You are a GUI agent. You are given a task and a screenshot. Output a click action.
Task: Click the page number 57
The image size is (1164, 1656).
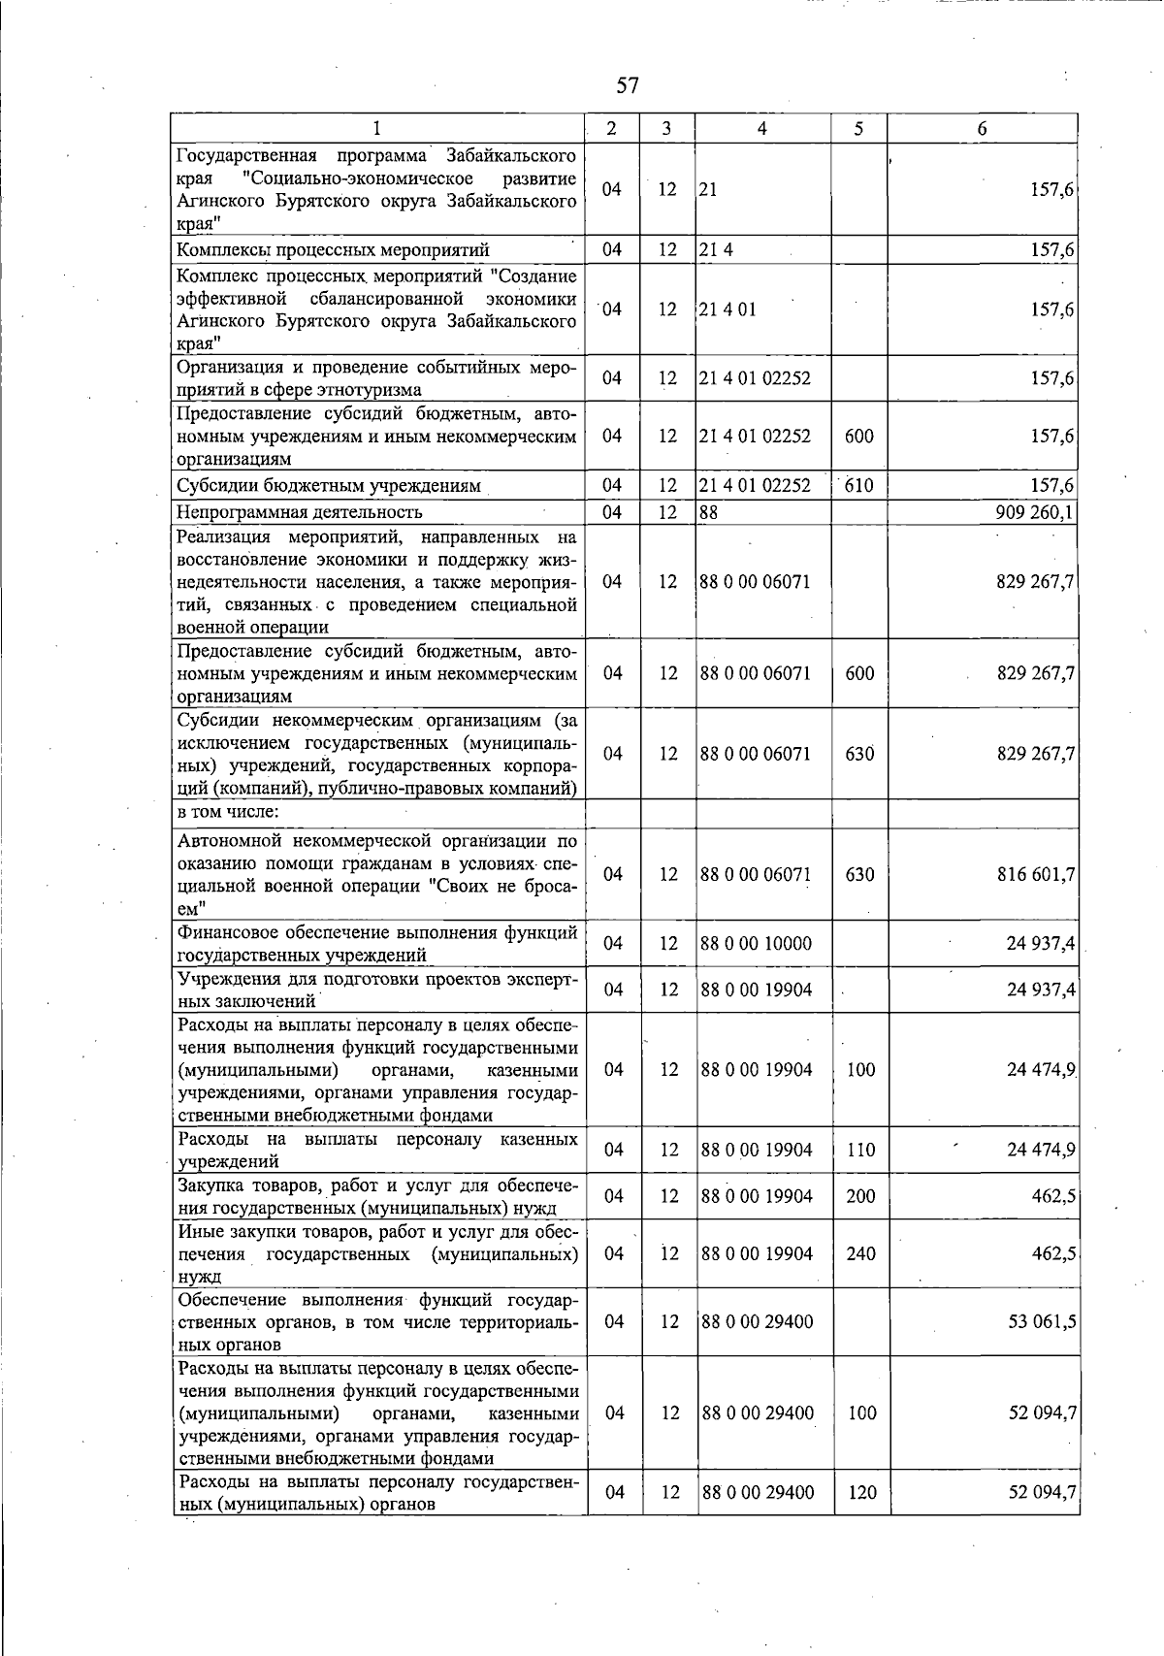pyautogui.click(x=628, y=85)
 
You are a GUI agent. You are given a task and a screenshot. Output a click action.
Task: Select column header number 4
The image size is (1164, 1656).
pyautogui.click(x=762, y=128)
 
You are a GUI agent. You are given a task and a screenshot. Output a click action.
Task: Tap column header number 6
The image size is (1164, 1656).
pyautogui.click(x=982, y=128)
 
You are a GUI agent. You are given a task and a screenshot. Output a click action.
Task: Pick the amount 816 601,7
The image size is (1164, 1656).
pyautogui.click(x=1035, y=874)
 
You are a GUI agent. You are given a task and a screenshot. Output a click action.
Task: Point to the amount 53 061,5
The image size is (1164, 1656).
pyautogui.click(x=1041, y=1321)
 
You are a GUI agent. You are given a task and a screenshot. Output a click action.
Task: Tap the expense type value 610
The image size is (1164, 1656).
pyautogui.click(x=859, y=485)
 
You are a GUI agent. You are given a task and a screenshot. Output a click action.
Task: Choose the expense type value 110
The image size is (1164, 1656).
pyautogui.click(x=860, y=1150)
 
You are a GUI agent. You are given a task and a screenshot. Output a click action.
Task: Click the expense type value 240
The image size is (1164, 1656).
pyautogui.click(x=860, y=1253)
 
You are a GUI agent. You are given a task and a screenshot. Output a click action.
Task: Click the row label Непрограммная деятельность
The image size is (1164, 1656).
pyautogui.click(x=299, y=511)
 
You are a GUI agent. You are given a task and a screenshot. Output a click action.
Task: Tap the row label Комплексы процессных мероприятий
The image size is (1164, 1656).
pyautogui.click(x=333, y=250)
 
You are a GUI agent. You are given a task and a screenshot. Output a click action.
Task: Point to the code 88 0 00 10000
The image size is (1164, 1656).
pyautogui.click(x=757, y=943)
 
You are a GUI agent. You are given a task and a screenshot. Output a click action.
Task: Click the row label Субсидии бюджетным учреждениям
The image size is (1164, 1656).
pyautogui.click(x=327, y=485)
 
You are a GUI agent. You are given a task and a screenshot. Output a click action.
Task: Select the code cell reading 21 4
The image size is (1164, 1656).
pyautogui.click(x=716, y=250)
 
